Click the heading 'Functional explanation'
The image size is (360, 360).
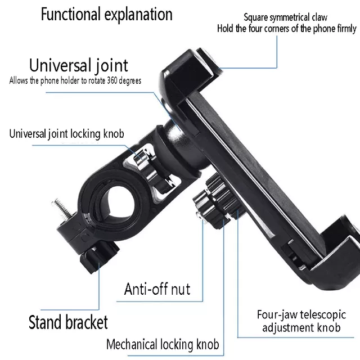click(x=106, y=14)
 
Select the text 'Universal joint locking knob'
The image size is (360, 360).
click(x=67, y=134)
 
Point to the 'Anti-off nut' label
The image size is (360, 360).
click(x=157, y=289)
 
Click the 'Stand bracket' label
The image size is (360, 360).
click(x=68, y=323)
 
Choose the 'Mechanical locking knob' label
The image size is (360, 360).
click(x=163, y=344)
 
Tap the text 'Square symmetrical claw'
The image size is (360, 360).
click(x=293, y=18)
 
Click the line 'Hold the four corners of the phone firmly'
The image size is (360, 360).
click(x=287, y=29)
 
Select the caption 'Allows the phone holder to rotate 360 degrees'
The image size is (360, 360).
click(x=75, y=80)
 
